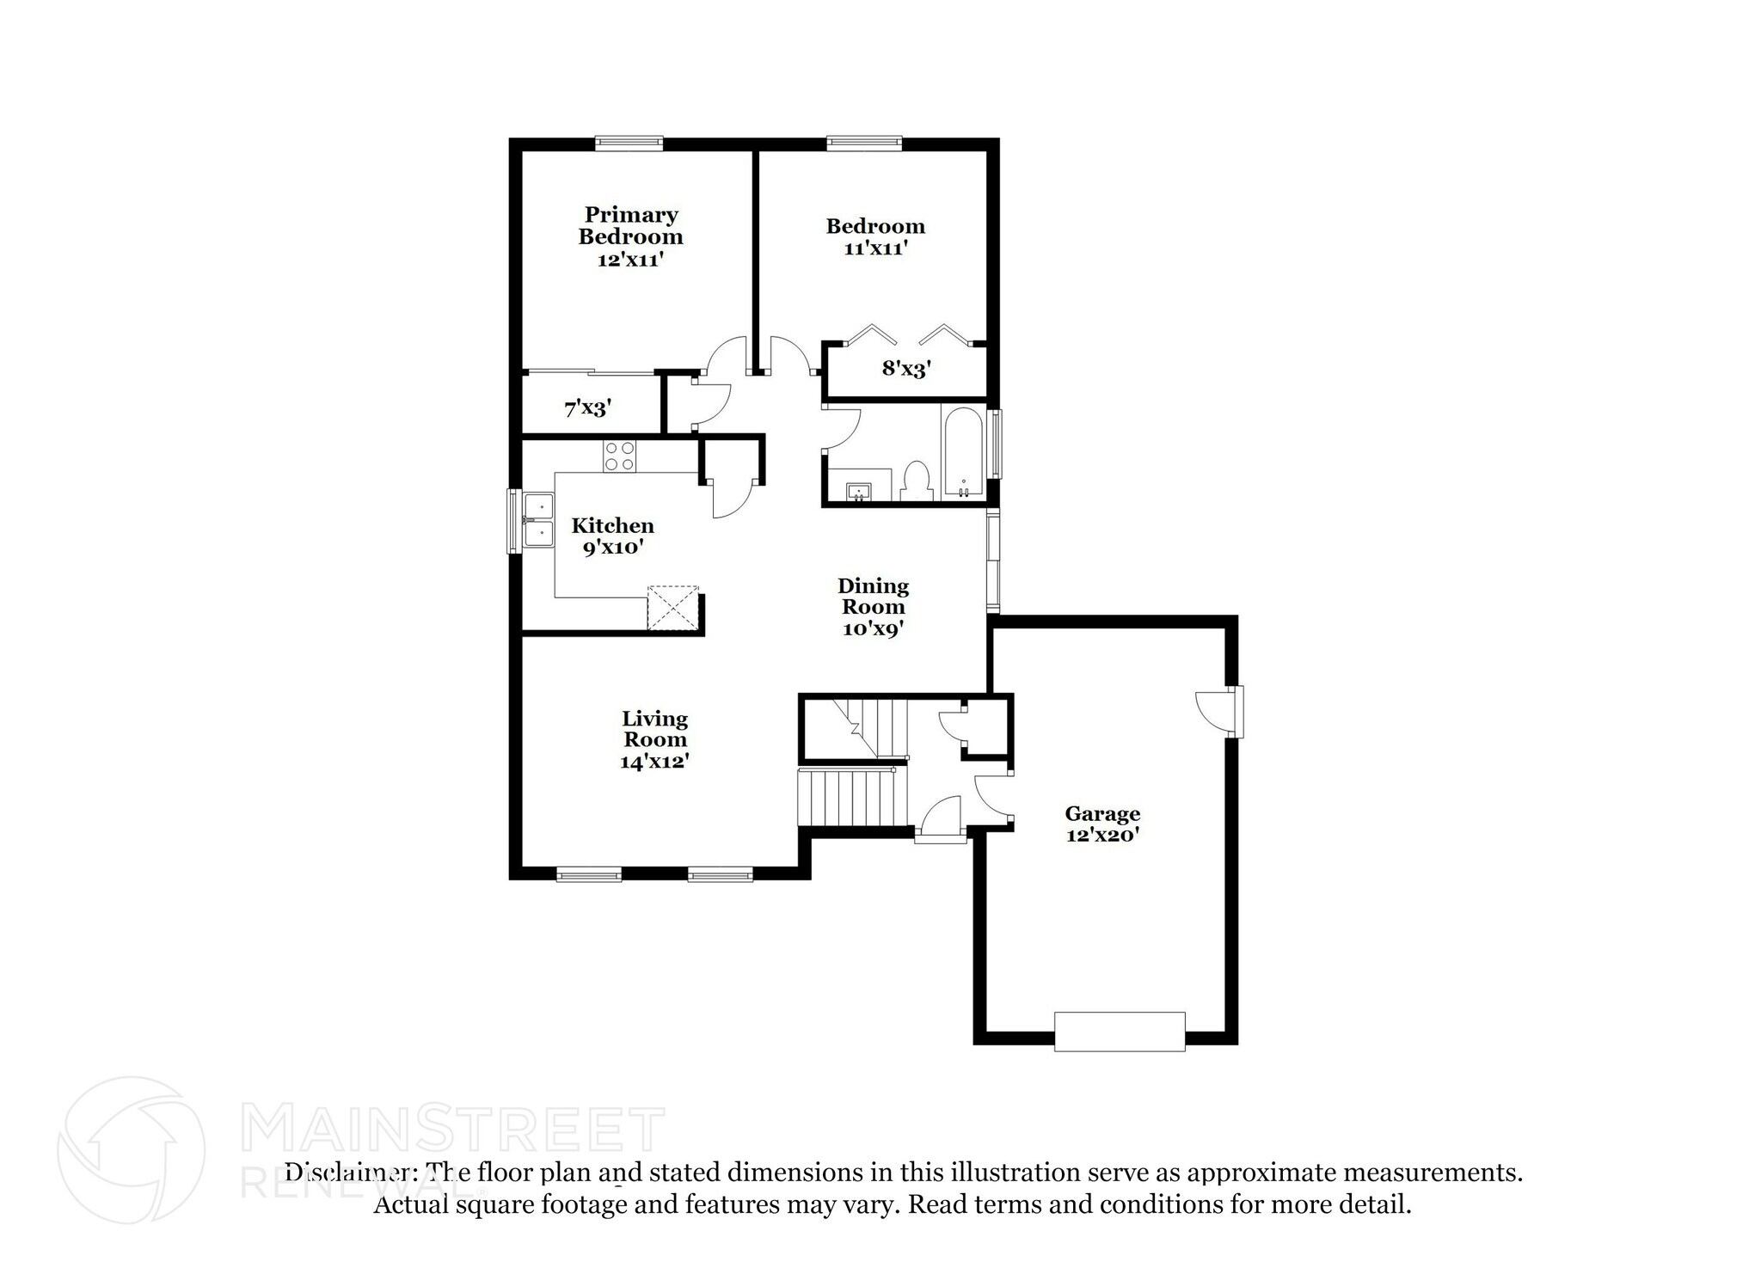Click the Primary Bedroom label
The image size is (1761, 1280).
click(x=630, y=225)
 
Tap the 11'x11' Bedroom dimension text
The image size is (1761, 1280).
click(x=875, y=248)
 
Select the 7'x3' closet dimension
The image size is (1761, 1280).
click(x=587, y=408)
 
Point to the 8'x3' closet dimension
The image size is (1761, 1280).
click(x=906, y=370)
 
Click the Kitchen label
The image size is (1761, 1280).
click(x=612, y=525)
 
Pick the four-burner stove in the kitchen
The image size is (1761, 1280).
click(x=619, y=456)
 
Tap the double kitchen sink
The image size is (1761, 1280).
click(x=539, y=521)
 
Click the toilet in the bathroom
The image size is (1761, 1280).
click(x=917, y=481)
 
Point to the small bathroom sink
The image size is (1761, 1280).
click(x=859, y=491)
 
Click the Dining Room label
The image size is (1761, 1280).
click(x=873, y=596)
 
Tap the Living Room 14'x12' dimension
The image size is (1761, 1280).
click(x=654, y=762)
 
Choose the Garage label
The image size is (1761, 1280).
click(x=1102, y=813)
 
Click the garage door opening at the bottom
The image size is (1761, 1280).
click(x=1120, y=1031)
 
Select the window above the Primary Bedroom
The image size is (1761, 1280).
click(x=629, y=143)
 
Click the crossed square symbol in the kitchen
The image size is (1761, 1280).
click(x=672, y=609)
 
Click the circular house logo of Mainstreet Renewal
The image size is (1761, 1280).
click(x=131, y=1150)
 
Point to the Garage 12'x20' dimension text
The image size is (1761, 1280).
click(x=1102, y=835)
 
